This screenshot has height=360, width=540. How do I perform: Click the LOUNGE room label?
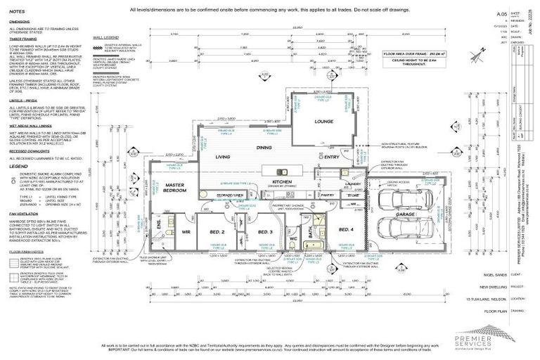pyautogui.click(x=326, y=120)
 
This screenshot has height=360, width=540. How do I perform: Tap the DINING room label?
pyautogui.click(x=264, y=148)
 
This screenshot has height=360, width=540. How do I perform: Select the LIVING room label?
pyautogui.click(x=223, y=157)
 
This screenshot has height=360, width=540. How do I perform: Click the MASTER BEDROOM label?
pyautogui.click(x=174, y=187)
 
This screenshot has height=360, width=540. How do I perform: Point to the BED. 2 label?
pyautogui.click(x=217, y=231)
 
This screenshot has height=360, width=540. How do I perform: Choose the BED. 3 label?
pyautogui.click(x=265, y=231)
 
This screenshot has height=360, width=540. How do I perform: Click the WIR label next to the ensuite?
pyautogui.click(x=187, y=231)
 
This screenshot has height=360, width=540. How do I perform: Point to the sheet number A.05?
pyautogui.click(x=501, y=13)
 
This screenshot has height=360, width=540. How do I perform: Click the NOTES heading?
pyautogui.click(x=18, y=12)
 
